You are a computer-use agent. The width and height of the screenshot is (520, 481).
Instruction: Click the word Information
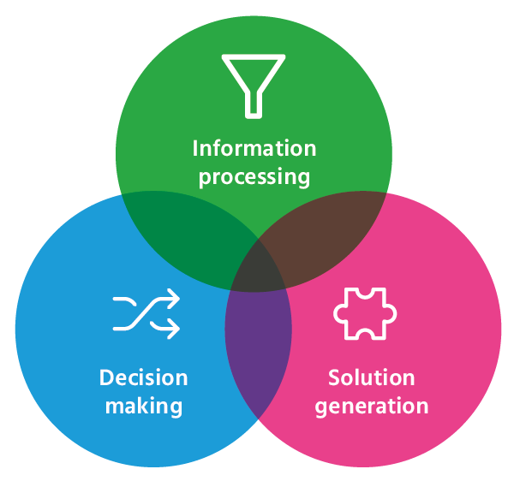click(x=254, y=148)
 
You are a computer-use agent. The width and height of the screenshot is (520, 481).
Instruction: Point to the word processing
click(x=254, y=176)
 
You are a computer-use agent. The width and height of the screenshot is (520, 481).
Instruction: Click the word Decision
click(x=144, y=377)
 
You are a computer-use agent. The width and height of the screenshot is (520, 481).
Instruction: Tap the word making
click(x=144, y=407)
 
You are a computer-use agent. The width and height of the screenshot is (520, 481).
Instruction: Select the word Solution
click(x=372, y=377)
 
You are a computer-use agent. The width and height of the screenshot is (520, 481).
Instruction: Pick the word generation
click(x=372, y=407)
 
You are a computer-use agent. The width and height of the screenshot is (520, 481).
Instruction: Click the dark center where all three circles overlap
click(x=258, y=270)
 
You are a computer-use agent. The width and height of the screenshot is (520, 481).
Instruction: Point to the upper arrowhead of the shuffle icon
click(x=173, y=298)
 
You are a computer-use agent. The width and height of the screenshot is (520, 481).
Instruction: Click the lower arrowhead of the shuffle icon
click(x=173, y=329)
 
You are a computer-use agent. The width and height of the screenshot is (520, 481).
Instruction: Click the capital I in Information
click(x=195, y=148)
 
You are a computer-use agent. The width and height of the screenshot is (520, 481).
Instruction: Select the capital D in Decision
click(x=106, y=377)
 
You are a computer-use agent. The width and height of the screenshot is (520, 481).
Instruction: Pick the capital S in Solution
click(x=333, y=377)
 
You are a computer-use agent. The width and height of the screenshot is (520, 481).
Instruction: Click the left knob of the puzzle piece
click(x=338, y=313)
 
